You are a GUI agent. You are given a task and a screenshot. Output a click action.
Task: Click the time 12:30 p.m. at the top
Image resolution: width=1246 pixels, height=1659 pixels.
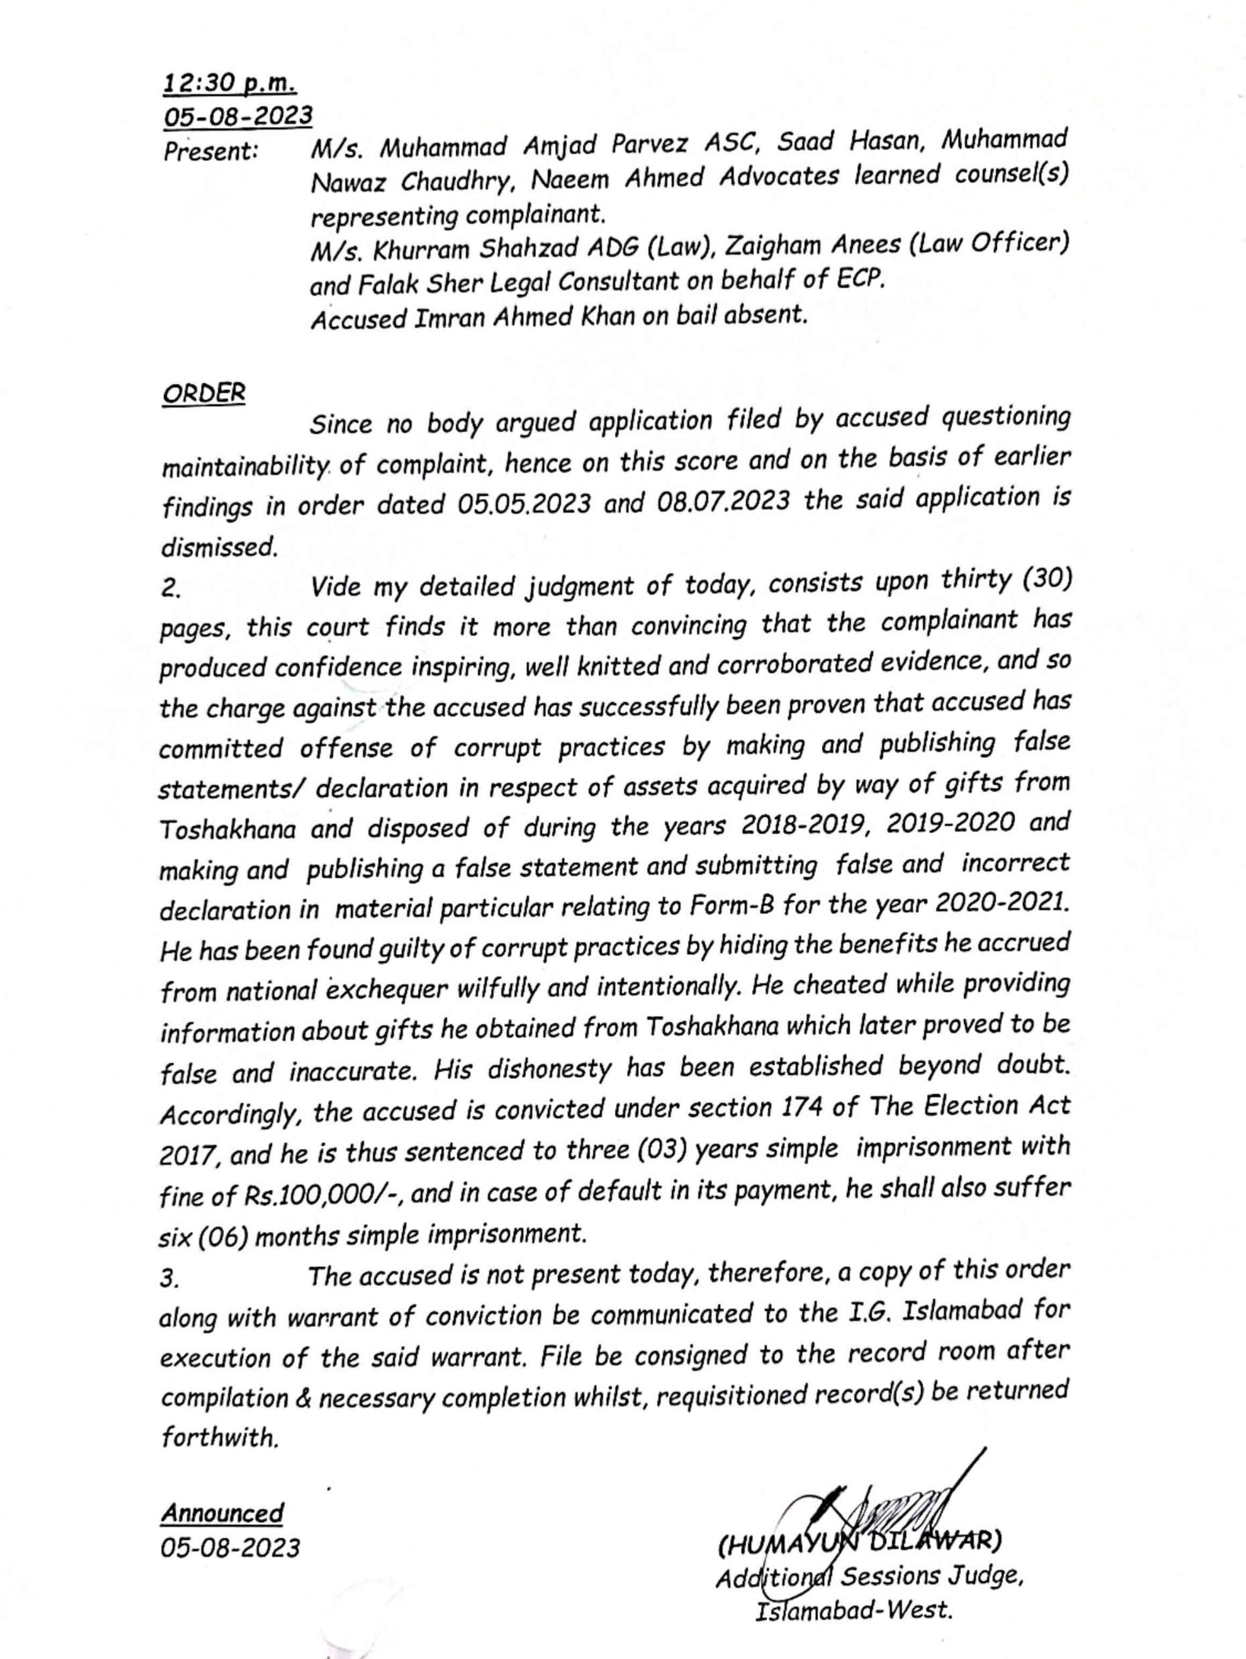pos(229,83)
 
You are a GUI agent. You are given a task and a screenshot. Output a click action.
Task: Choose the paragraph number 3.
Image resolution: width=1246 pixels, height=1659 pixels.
pos(170,1279)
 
